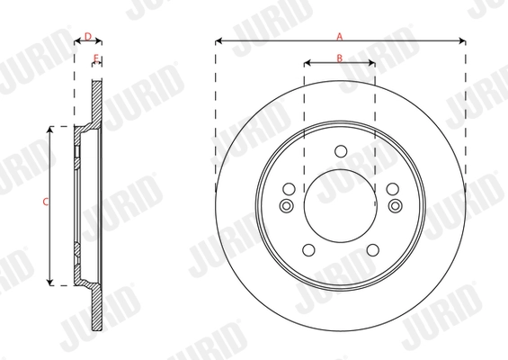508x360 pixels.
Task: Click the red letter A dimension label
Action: pos(339,36)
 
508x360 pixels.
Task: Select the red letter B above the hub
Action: pos(339,58)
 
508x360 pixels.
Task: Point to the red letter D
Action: pos(86,36)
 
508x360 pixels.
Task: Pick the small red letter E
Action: pos(95,58)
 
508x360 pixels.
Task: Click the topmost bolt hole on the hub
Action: pos(340,151)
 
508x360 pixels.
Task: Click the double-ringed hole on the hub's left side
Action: pos(287,206)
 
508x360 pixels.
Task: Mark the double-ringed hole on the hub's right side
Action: pos(394,206)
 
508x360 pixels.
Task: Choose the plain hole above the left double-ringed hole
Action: pos(288,189)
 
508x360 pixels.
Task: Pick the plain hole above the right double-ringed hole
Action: pos(393,189)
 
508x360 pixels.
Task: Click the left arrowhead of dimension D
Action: pos(76,41)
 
